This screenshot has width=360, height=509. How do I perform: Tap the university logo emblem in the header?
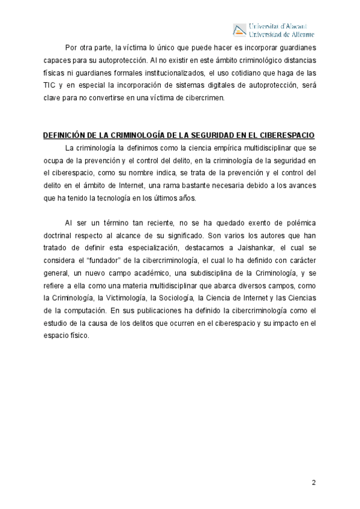(239, 29)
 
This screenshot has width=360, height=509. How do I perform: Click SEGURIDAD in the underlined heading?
(211, 136)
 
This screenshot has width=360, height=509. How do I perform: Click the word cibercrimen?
(204, 98)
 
